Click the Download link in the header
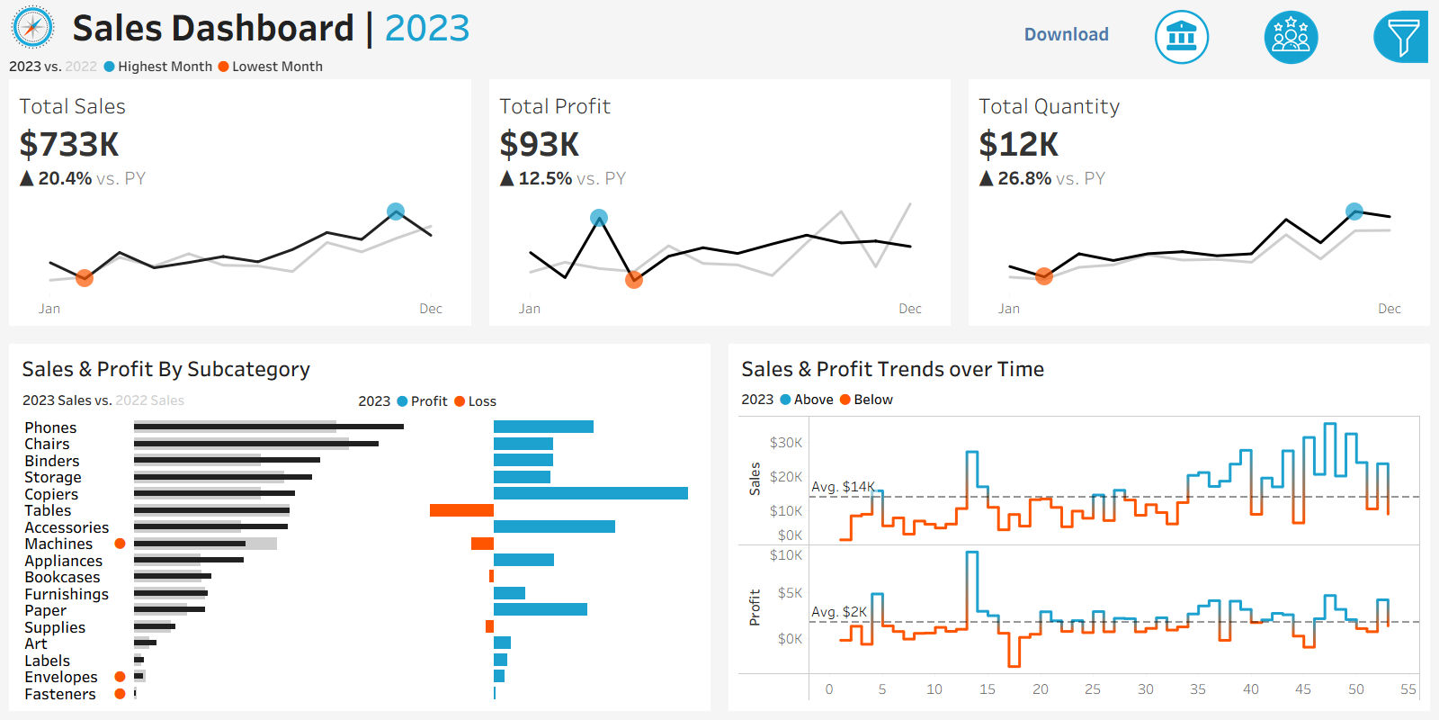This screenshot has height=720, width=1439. (x=1066, y=34)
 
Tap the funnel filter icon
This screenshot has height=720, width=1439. (x=1400, y=37)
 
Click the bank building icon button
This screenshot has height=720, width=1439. (x=1181, y=37)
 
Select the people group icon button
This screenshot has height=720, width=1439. (x=1291, y=37)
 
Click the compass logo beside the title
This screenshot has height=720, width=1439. (x=32, y=28)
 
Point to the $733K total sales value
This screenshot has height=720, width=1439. (x=69, y=144)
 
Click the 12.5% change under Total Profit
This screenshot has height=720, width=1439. (x=545, y=178)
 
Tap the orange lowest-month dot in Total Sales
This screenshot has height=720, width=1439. (x=85, y=278)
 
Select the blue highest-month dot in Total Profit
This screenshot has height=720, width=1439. (x=599, y=217)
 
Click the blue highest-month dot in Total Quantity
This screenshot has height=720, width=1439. (x=1354, y=211)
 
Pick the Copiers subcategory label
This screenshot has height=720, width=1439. (x=51, y=494)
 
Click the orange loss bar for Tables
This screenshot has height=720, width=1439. (x=461, y=510)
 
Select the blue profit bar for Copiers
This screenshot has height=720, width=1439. (x=590, y=493)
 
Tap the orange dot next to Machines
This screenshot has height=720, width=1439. (x=120, y=544)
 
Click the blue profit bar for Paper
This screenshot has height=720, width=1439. (x=540, y=609)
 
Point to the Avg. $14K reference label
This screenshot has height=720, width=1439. (x=843, y=487)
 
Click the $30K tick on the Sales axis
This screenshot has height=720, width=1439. (x=785, y=442)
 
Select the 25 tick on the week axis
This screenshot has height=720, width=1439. (x=1093, y=689)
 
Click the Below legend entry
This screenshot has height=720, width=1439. (x=866, y=400)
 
